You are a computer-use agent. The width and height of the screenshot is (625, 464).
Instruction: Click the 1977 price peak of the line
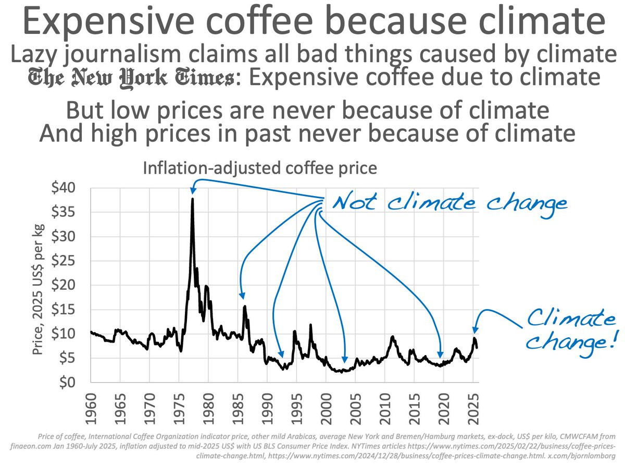coord(193,199)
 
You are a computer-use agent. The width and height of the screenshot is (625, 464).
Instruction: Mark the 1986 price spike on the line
coord(244,307)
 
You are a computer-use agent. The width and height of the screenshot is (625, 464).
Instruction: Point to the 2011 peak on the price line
coord(392,337)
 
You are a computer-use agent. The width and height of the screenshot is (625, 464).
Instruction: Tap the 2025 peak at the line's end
coord(474,338)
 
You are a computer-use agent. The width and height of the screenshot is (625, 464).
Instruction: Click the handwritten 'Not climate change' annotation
coord(449,202)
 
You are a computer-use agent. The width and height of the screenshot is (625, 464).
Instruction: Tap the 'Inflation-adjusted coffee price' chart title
coord(259,168)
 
